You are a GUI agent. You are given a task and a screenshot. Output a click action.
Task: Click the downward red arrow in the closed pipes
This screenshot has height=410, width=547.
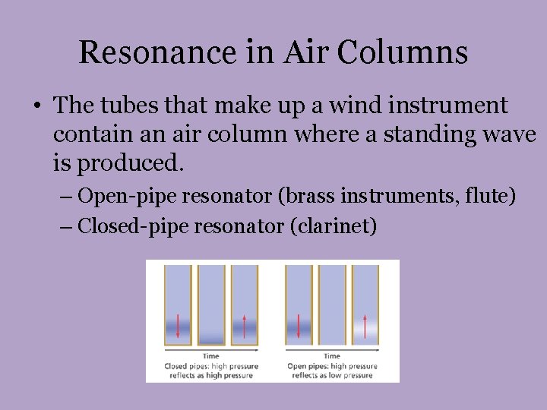click(178, 326)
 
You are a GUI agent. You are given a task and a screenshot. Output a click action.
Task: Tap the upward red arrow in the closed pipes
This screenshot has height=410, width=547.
click(244, 326)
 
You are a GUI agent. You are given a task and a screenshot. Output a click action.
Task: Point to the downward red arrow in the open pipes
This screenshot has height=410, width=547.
click(298, 326)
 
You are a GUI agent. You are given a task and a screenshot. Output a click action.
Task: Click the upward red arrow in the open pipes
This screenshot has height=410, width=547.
click(365, 326)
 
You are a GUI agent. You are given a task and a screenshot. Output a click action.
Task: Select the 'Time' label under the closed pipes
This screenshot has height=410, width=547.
click(211, 356)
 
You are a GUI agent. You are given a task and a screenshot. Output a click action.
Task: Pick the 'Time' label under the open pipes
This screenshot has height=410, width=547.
click(332, 356)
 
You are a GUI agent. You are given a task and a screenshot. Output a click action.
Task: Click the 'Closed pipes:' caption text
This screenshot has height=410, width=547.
click(189, 366)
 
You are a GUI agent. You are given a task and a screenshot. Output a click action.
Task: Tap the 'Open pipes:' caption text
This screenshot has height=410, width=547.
click(308, 366)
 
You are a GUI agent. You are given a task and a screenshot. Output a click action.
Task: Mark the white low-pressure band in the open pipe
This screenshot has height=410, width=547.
click(365, 331)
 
